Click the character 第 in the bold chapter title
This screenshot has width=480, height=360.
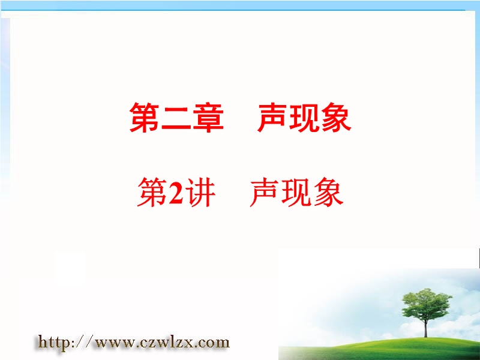[x=145, y=118]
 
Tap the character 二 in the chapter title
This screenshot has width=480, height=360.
[x=176, y=118]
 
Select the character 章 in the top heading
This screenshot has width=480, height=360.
[x=208, y=118]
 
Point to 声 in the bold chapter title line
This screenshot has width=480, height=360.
[x=273, y=118]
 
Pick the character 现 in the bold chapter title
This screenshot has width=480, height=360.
[x=305, y=118]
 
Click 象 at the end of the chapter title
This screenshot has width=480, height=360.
[x=336, y=118]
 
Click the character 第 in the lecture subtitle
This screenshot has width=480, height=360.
[x=153, y=193]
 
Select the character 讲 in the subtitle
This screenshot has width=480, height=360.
[x=200, y=193]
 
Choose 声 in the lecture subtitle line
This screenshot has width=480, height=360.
[x=265, y=193]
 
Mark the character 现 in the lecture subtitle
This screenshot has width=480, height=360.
[x=296, y=193]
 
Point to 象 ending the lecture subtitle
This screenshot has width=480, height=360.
[x=328, y=193]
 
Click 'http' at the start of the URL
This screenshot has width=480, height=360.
[x=53, y=343]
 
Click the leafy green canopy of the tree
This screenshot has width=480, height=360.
[x=427, y=304]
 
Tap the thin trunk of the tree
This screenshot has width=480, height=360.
[x=426, y=328]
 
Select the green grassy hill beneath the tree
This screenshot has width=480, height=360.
[x=380, y=349]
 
